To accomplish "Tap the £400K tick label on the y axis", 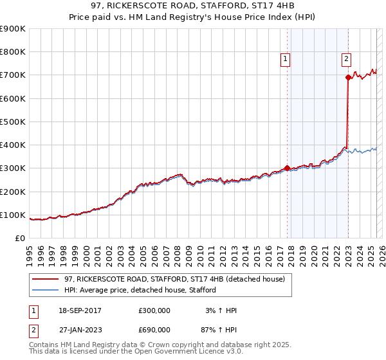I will click(13, 145).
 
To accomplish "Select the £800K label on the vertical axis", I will click(13, 52).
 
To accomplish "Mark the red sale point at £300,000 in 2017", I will click(287, 168).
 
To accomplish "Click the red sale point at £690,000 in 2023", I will click(348, 78).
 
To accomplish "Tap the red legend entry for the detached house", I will click(178, 278).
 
